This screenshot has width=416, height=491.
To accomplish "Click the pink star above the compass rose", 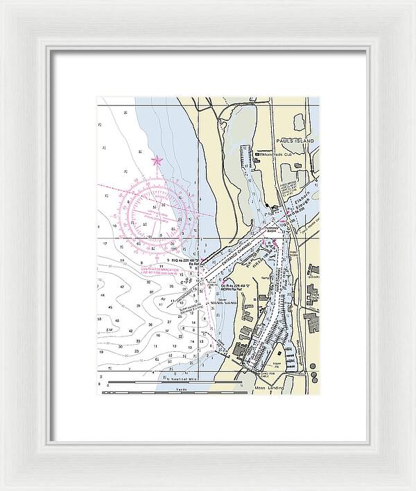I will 157,161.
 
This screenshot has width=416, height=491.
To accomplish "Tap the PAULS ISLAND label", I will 298,141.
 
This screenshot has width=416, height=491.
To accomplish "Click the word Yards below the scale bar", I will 182,389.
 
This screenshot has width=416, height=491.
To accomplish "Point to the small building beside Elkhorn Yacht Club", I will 299,166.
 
